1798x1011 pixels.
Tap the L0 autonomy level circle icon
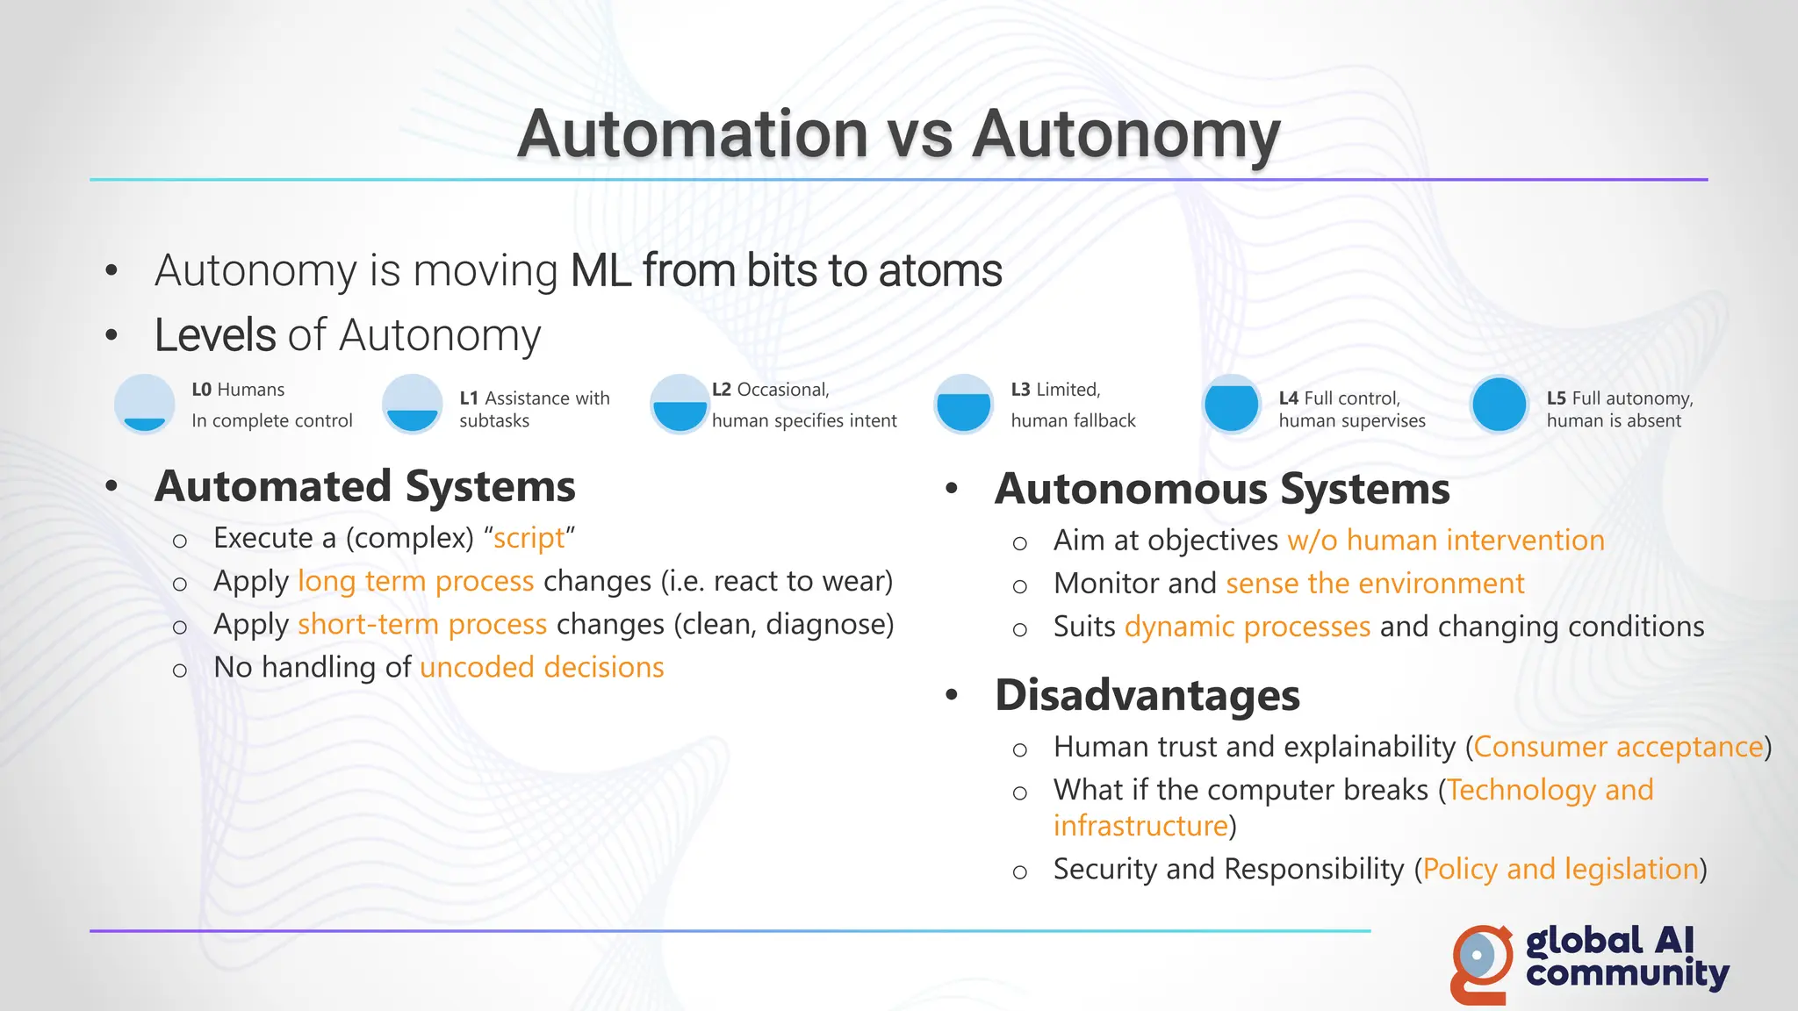pyautogui.click(x=144, y=405)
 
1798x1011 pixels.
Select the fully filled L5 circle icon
pyautogui.click(x=1499, y=405)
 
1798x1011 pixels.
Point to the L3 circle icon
pyautogui.click(x=963, y=405)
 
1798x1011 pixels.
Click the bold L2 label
pyautogui.click(x=721, y=390)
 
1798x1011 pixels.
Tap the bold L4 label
pyautogui.click(x=1288, y=398)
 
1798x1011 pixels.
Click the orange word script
pyautogui.click(x=529, y=538)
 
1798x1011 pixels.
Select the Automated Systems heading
pyautogui.click(x=364, y=486)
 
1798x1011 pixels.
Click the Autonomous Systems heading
pyautogui.click(x=1221, y=489)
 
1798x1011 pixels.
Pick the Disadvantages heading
pyautogui.click(x=1147, y=695)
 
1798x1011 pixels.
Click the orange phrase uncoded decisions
pyautogui.click(x=542, y=668)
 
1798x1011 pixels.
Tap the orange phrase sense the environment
pyautogui.click(x=1375, y=584)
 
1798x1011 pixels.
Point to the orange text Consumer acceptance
pyautogui.click(x=1618, y=747)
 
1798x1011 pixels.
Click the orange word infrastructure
pyautogui.click(x=1140, y=826)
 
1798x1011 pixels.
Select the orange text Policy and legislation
pyautogui.click(x=1560, y=869)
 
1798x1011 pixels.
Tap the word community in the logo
pyautogui.click(x=1627, y=974)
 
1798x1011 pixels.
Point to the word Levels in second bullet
pyautogui.click(x=215, y=335)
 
